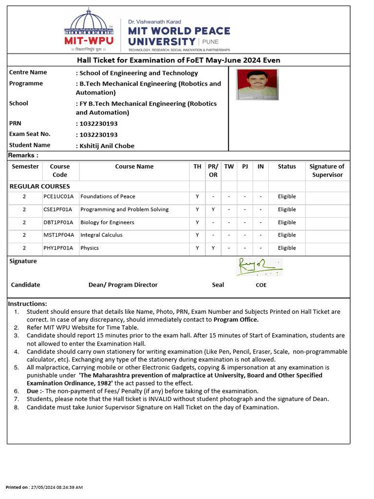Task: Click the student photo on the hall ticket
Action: click(257, 84)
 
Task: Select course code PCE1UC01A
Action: click(58, 196)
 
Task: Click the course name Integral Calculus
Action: click(101, 235)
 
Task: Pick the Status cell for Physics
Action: click(286, 248)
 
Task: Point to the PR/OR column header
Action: click(213, 171)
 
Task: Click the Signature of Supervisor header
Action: click(327, 171)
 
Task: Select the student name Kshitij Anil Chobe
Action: click(107, 146)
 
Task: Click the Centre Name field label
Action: click(28, 72)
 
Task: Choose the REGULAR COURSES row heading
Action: click(40, 186)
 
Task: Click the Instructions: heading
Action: click(27, 303)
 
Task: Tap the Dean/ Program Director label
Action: click(123, 285)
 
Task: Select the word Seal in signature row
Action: click(218, 285)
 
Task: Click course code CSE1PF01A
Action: click(58, 210)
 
